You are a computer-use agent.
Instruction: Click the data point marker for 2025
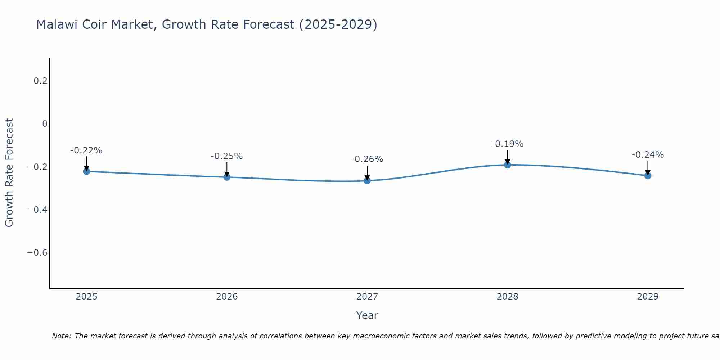point(86,171)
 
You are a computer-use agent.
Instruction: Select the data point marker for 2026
point(227,177)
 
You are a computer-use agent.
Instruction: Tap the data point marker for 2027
point(367,180)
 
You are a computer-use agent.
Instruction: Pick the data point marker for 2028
point(507,165)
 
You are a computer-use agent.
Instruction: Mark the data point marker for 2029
point(648,176)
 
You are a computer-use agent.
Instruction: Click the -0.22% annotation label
point(86,150)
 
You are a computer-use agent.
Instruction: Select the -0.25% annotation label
point(227,156)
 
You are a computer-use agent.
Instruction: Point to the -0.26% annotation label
point(367,159)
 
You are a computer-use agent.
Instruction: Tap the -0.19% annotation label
point(507,144)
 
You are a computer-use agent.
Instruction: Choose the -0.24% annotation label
point(648,155)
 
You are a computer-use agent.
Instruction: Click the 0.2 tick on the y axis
point(40,81)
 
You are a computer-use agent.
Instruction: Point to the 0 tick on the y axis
point(45,124)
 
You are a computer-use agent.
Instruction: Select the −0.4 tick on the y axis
point(37,210)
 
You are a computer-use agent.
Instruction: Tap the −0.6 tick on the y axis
point(37,252)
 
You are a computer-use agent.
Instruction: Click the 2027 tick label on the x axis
point(367,297)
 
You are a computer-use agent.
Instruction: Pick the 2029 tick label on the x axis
point(648,297)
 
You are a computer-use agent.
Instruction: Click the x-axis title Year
point(367,315)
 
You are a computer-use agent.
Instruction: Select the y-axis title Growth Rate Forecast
point(9,173)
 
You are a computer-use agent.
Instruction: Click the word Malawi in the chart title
point(57,25)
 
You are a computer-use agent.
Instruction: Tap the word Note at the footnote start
point(62,336)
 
